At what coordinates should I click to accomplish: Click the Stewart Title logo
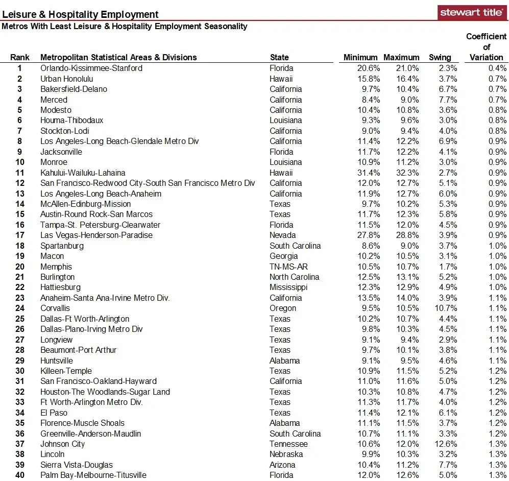pos(472,12)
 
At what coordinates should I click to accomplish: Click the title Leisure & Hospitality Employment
pos(81,15)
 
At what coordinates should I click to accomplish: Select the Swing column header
pos(440,58)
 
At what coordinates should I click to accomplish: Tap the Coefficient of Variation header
pos(486,47)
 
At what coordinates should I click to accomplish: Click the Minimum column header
pos(360,58)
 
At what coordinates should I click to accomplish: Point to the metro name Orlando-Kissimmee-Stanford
pos(91,68)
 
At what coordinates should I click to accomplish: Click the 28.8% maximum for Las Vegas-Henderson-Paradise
pos(407,235)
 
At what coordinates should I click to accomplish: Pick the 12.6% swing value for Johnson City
pos(446,444)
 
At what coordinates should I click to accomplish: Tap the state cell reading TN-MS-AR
pos(289,267)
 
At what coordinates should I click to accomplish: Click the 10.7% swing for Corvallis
pos(446,308)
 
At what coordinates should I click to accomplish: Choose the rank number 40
pos(20,475)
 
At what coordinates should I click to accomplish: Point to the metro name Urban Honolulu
pos(67,79)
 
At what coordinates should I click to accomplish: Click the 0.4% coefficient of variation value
pos(497,68)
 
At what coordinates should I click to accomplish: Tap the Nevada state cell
pos(283,235)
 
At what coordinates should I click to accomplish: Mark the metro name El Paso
pos(54,413)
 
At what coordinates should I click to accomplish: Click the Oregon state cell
pos(283,308)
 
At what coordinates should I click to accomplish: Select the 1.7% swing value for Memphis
pos(448,267)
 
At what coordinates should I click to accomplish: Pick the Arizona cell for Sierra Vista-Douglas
pos(283,465)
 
